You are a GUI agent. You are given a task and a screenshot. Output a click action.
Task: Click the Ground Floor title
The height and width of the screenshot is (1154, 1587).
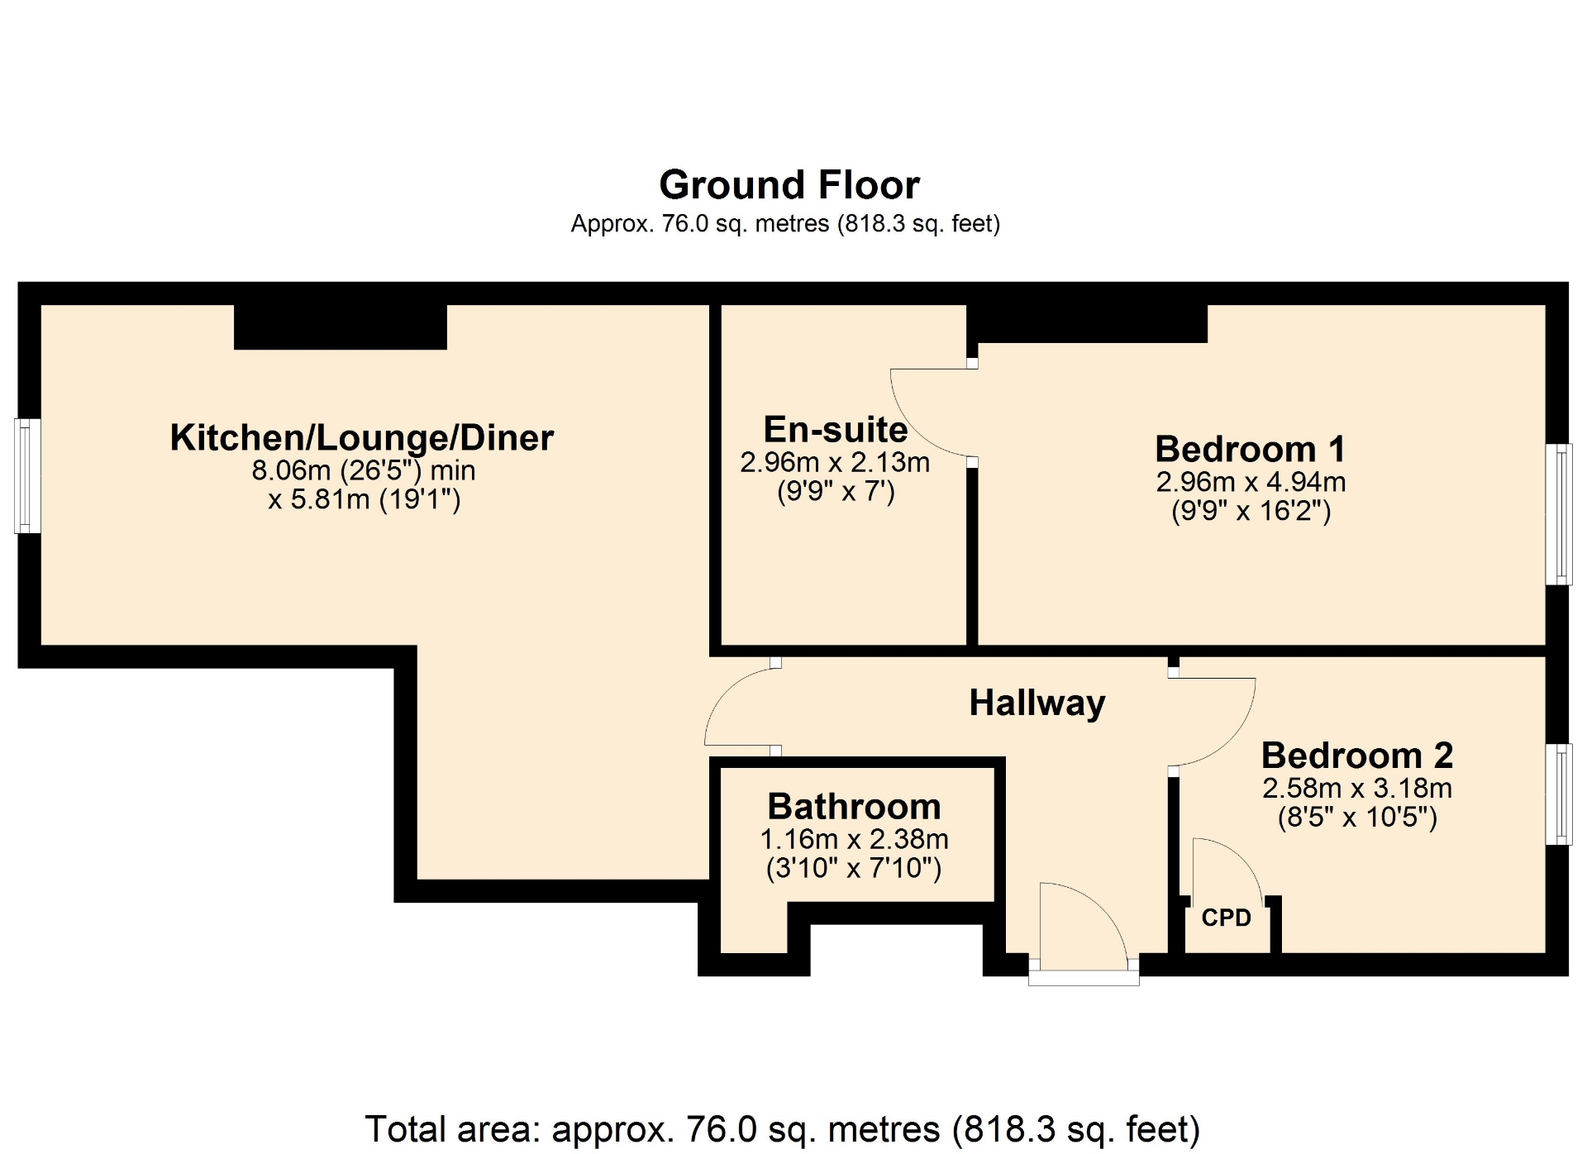click(x=789, y=184)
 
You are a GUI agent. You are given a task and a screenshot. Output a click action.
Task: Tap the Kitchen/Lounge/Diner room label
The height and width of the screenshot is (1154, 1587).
click(x=362, y=437)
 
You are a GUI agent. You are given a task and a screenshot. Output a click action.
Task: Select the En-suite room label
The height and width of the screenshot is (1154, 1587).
click(x=836, y=429)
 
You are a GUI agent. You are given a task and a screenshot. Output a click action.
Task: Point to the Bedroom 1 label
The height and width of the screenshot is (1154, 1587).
click(x=1251, y=449)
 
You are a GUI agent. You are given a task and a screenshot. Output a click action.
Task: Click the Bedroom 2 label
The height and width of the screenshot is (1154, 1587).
click(x=1357, y=755)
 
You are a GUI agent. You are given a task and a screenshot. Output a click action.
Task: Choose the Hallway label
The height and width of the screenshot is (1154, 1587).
click(x=1037, y=703)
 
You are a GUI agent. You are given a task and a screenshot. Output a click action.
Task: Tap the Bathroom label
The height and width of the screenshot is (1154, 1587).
click(x=854, y=806)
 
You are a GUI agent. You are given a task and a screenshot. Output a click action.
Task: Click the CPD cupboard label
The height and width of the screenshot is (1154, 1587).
click(x=1227, y=918)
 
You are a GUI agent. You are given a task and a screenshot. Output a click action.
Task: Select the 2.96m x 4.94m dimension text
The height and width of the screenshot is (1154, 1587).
click(x=1251, y=481)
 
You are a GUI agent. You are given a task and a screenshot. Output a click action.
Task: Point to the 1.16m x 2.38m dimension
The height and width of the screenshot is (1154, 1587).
click(x=854, y=839)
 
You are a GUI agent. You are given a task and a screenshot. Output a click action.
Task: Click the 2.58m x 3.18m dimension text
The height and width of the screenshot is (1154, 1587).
click(x=1357, y=788)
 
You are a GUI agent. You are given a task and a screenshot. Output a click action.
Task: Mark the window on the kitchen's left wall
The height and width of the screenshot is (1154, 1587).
click(x=28, y=475)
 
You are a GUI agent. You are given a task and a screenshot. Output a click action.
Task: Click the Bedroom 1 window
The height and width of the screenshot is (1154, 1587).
click(x=1559, y=514)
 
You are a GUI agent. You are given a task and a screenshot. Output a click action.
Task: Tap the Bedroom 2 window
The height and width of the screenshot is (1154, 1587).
click(x=1559, y=794)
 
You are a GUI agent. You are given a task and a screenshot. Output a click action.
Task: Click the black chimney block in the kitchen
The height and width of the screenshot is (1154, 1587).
click(x=341, y=327)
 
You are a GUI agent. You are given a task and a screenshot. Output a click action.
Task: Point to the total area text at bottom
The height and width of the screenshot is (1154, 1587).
click(x=782, y=1129)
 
